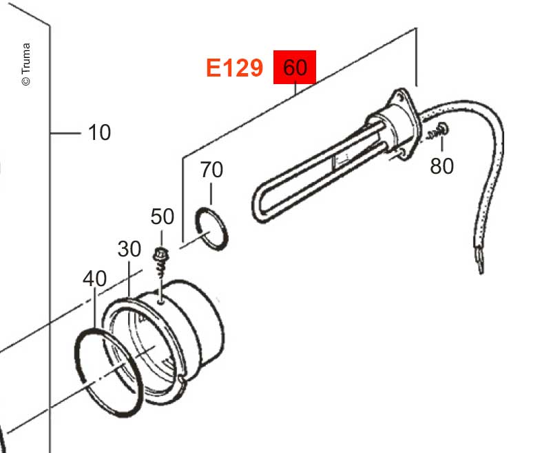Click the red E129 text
tap(234, 68)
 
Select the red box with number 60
tap(295, 67)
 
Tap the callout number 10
tap(99, 132)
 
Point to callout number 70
tap(211, 170)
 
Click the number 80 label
tap(441, 166)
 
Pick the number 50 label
tap(162, 217)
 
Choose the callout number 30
tap(129, 249)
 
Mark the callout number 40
tap(94, 279)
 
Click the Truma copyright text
tap(26, 64)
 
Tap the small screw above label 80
tap(437, 131)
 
